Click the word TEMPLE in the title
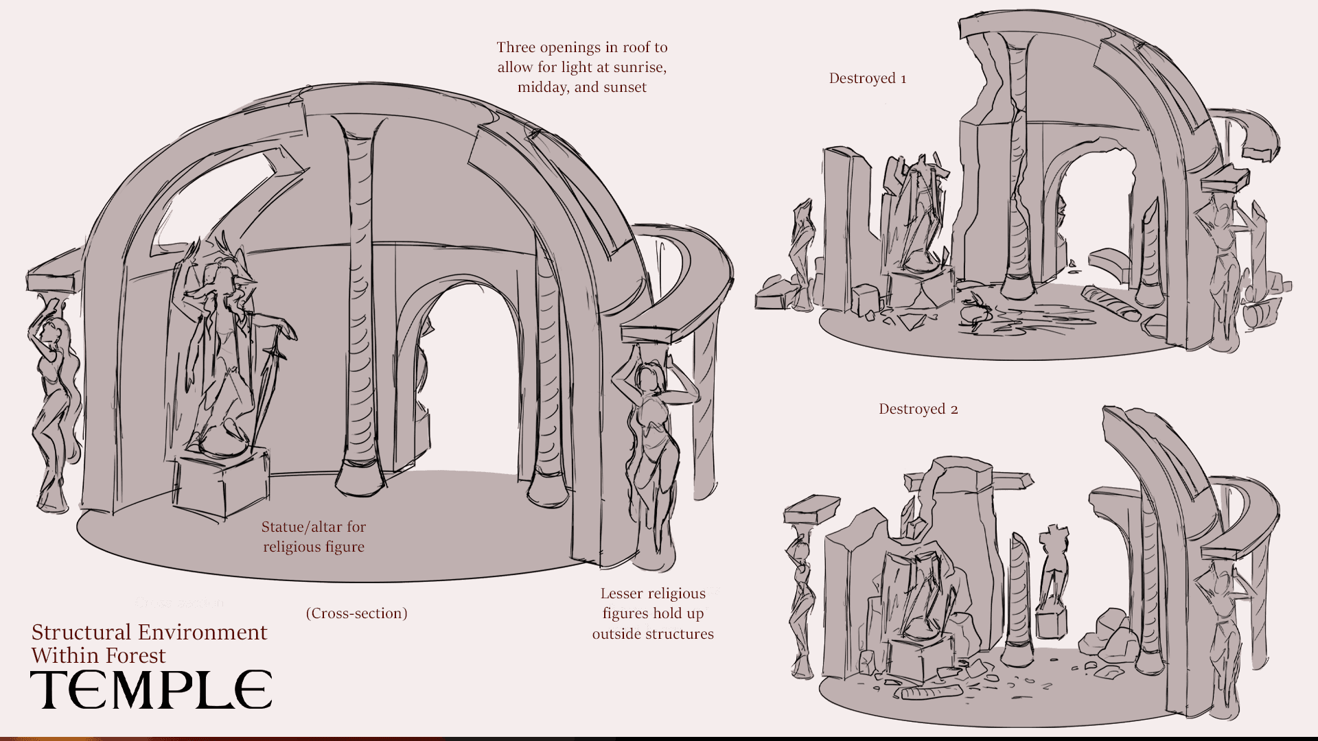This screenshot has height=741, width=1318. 151,690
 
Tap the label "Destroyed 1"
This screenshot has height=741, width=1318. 868,78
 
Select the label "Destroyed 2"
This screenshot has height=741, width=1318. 918,409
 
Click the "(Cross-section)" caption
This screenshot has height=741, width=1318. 357,613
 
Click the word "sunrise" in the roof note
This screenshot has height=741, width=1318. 638,67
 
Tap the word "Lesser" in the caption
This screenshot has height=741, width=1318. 623,593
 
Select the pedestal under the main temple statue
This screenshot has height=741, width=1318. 222,482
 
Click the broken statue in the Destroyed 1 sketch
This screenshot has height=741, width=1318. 917,213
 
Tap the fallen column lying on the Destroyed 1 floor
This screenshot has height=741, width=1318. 1111,303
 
